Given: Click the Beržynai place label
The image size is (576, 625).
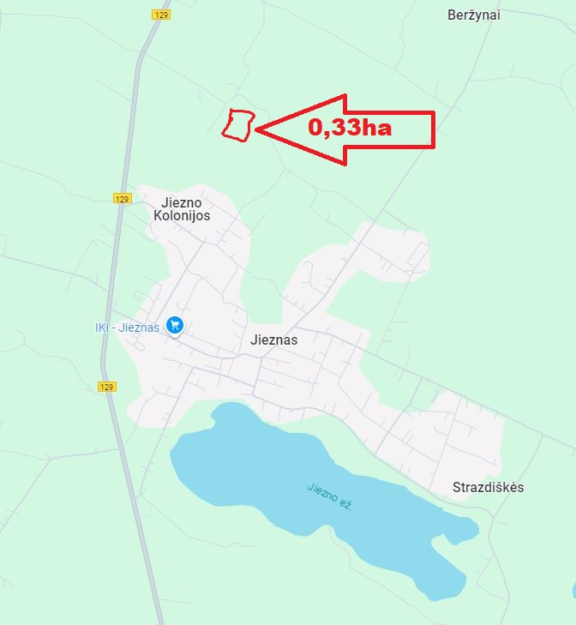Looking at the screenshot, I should tap(474, 15).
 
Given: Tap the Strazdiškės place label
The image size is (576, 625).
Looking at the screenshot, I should tap(488, 487).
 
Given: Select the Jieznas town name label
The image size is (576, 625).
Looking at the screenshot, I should tap(274, 340).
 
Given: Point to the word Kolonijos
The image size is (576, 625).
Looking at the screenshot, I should tap(182, 216).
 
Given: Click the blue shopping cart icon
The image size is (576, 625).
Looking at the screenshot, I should tap(176, 325).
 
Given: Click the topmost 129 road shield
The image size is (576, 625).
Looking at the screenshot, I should tap(161, 15).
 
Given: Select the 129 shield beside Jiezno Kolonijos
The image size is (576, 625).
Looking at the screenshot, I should tap(122, 199).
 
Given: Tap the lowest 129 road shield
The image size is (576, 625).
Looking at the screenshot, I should tap(106, 387).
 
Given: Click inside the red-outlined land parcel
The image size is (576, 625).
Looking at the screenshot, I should tap(238, 125).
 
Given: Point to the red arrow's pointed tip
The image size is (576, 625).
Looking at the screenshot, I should tap(255, 129).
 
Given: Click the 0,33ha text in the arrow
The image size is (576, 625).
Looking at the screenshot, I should tap(350, 129).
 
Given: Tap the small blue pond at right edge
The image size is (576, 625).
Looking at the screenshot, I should tap(573, 591).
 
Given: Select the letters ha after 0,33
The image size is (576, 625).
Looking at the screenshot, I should tap(377, 129).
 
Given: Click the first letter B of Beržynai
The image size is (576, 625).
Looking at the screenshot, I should tap(453, 15).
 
